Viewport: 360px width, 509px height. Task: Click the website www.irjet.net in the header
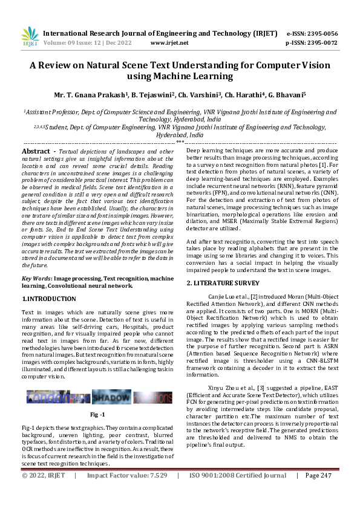tap(169, 43)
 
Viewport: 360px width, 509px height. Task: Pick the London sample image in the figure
tap(58, 397)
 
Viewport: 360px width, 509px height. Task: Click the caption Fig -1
tap(97, 415)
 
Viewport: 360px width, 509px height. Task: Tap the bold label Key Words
tap(36, 277)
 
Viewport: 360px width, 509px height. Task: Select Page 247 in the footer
tap(318, 493)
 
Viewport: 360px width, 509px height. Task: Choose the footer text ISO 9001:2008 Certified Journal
tap(237, 493)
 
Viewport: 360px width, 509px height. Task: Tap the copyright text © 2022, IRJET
tap(43, 493)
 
